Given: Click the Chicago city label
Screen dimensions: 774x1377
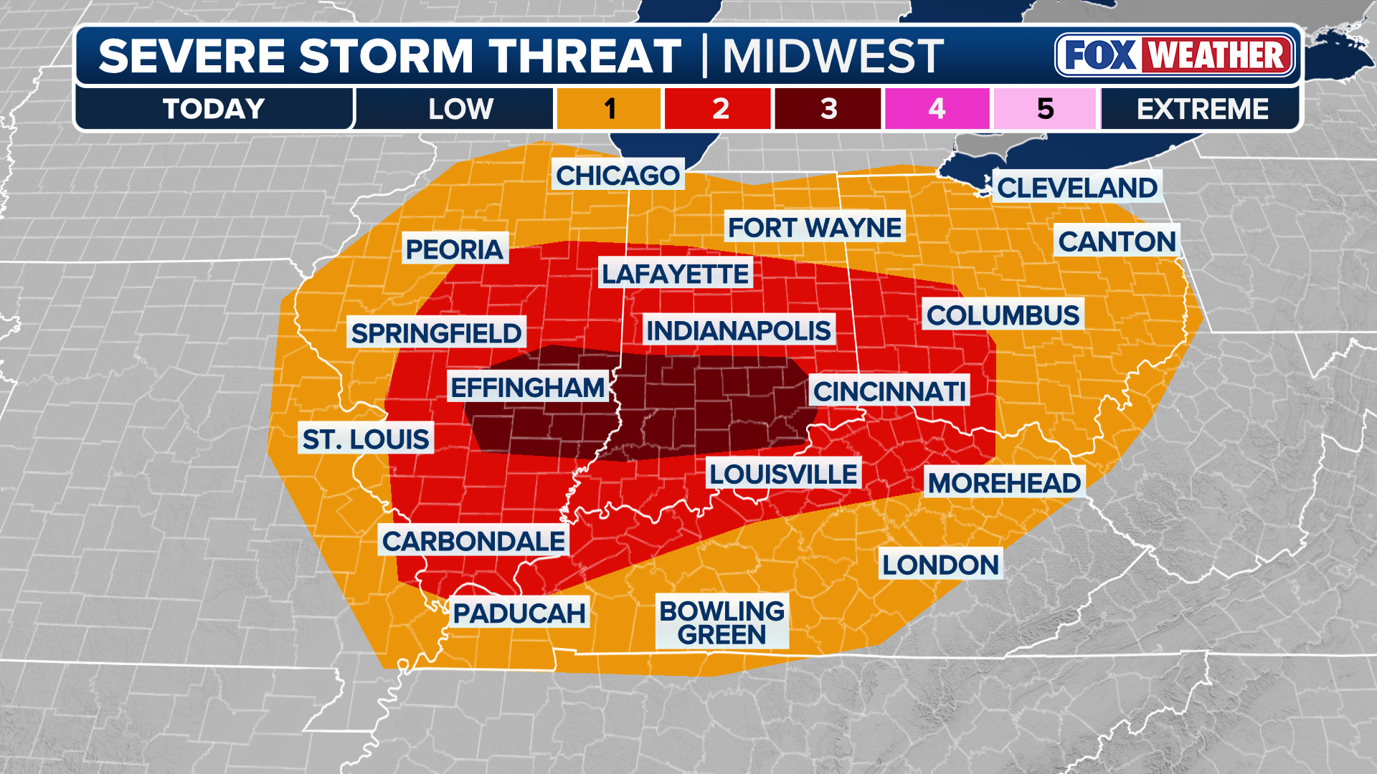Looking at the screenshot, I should click(617, 175).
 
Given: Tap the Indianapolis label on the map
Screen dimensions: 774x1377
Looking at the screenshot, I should click(739, 330).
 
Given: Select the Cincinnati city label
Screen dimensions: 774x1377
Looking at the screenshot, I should click(889, 391).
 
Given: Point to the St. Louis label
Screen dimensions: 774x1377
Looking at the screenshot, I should click(366, 439).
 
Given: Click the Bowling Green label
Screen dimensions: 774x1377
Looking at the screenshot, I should click(721, 622).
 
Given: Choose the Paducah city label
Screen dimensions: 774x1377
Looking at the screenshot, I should click(519, 613).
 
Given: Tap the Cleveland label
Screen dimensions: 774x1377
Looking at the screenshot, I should click(1077, 188).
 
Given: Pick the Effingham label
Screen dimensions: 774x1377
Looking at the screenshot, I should click(528, 388).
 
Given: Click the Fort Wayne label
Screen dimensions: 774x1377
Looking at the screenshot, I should click(815, 227).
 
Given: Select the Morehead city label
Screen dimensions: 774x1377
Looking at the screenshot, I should click(1004, 483).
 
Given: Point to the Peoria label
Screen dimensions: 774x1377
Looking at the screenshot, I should click(455, 249).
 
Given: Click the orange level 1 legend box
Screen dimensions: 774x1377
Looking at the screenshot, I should click(609, 109).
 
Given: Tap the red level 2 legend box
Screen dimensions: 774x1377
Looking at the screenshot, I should click(719, 109).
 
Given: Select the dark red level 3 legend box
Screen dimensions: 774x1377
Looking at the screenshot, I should click(828, 109).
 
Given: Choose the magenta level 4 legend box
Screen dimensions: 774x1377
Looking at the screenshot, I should click(937, 109).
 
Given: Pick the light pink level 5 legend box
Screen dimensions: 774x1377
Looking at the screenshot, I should click(1046, 109).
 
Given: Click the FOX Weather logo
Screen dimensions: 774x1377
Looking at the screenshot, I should click(1175, 55).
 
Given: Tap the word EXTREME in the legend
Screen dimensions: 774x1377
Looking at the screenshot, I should click(1202, 109).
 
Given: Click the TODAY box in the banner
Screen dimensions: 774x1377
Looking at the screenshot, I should click(214, 109).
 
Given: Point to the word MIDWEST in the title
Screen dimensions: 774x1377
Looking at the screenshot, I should click(833, 56).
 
